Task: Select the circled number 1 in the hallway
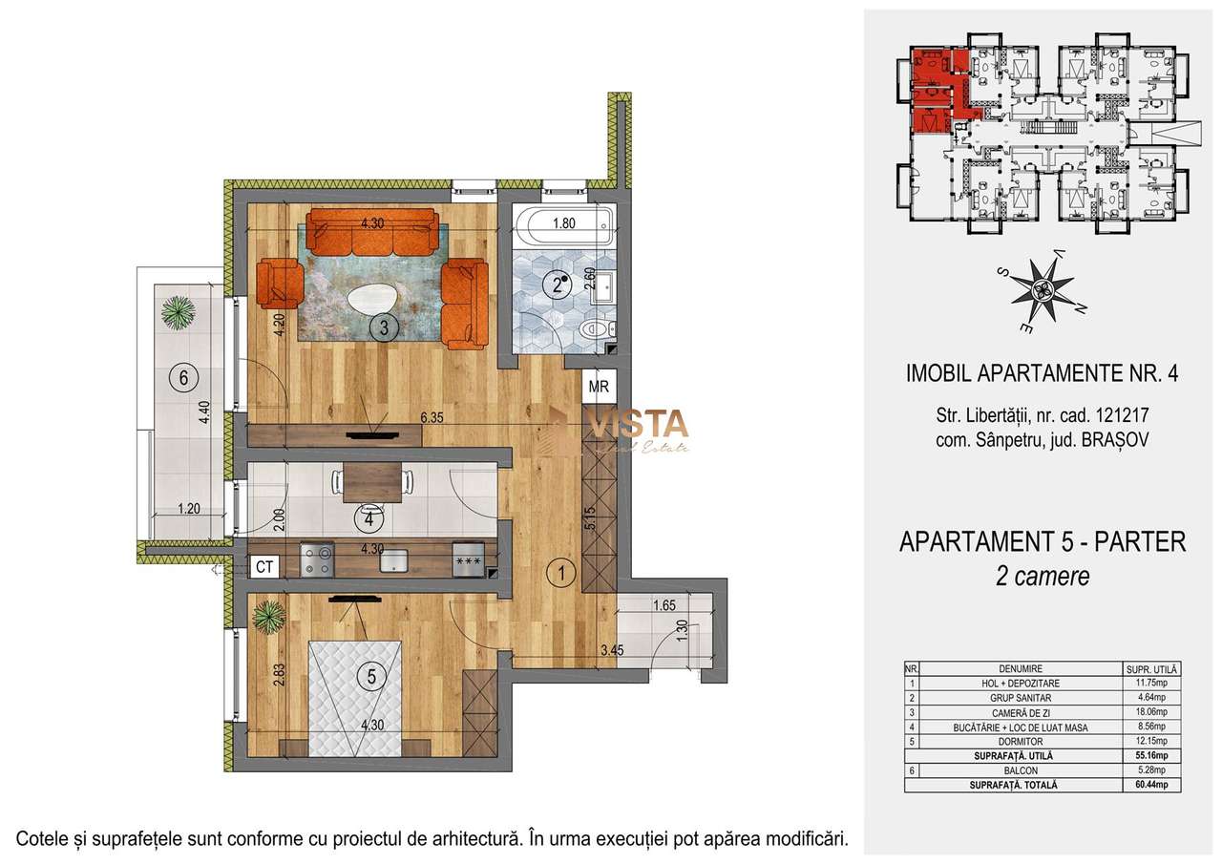(563, 574)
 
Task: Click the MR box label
(599, 387)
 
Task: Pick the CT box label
(264, 566)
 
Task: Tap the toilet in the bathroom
(597, 330)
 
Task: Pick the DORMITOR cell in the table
(1017, 741)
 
